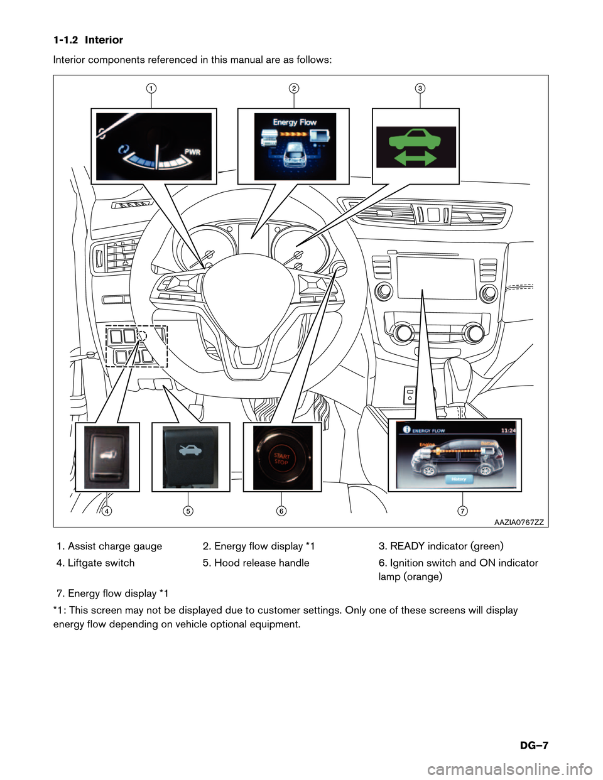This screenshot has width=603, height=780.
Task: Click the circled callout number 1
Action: [151, 88]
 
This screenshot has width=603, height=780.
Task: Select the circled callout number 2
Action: [294, 88]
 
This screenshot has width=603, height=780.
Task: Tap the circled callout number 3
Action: [420, 88]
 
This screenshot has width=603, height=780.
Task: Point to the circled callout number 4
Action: [107, 511]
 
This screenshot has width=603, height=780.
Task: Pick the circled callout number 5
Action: [188, 511]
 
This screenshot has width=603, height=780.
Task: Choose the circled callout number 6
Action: [281, 511]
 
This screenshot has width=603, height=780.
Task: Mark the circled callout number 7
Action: [462, 511]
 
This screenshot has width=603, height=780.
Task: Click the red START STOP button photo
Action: [281, 458]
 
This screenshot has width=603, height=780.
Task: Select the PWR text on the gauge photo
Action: [192, 152]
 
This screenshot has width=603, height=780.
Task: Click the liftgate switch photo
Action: [107, 457]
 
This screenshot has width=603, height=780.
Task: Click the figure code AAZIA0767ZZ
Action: [519, 522]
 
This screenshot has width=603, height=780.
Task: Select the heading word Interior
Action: [104, 40]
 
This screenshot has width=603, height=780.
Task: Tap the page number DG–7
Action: [534, 745]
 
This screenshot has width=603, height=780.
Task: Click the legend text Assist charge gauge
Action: [114, 546]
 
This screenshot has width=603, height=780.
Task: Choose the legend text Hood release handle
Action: [261, 563]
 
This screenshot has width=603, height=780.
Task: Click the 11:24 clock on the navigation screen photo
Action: [508, 430]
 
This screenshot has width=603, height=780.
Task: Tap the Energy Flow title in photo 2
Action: [295, 122]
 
